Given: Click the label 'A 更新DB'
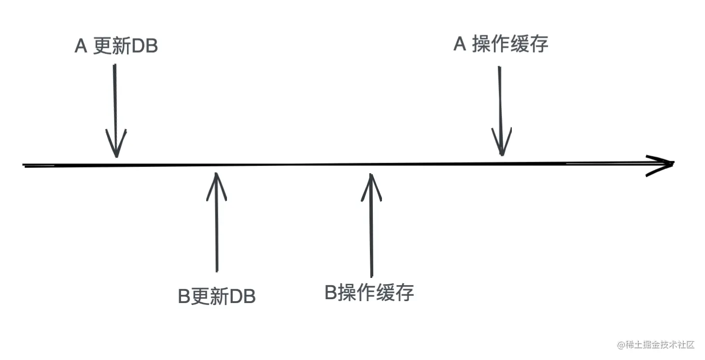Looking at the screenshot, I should click(116, 47).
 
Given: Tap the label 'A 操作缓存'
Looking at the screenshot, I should click(501, 44).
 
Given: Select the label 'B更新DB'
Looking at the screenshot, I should click(217, 296).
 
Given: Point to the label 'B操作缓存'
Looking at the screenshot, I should click(369, 292).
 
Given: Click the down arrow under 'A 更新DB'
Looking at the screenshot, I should click(115, 111).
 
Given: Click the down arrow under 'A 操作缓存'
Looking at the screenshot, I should click(501, 111).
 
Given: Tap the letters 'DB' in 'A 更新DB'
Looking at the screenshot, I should click(144, 47).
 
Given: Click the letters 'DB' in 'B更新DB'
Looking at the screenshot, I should click(242, 296).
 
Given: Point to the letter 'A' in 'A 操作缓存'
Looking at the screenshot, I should click(460, 44).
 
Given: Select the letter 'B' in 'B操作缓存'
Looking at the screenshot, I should click(331, 292).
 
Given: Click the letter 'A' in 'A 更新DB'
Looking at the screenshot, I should click(81, 47).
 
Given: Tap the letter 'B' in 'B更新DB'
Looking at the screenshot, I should click(184, 296).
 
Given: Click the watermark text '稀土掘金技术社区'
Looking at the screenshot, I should click(660, 345).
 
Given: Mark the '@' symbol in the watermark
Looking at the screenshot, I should click(621, 345).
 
